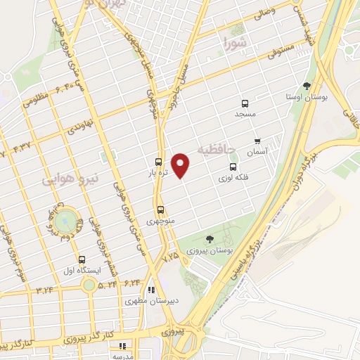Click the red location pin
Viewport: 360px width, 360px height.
(x=181, y=165)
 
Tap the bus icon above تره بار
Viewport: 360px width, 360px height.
(x=159, y=161)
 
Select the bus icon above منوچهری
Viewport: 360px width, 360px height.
(x=161, y=210)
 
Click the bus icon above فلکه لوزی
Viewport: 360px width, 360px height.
(x=233, y=167)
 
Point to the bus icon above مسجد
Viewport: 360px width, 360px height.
(x=245, y=103)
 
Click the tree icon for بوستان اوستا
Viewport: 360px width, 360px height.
(x=307, y=85)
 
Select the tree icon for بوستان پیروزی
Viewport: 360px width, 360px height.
(x=210, y=240)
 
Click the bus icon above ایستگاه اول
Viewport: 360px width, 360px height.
(x=82, y=259)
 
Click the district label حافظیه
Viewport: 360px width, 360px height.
(x=212, y=149)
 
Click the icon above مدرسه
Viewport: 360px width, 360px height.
(x=122, y=346)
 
